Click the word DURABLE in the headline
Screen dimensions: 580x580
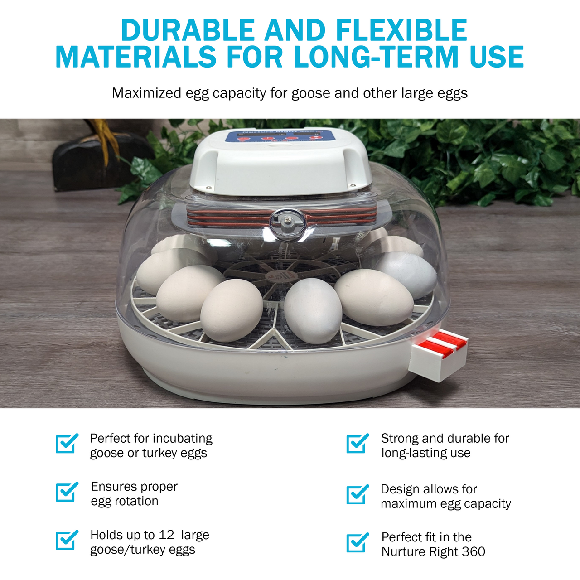click(188, 30)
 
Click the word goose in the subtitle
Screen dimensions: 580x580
click(311, 94)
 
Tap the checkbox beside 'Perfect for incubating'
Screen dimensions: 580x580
click(67, 443)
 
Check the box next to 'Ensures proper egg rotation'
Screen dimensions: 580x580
click(67, 492)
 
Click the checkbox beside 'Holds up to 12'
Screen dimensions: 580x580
click(67, 540)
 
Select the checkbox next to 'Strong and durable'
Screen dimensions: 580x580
click(358, 443)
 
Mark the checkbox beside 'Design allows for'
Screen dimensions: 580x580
click(358, 494)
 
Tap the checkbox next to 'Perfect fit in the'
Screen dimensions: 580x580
click(358, 543)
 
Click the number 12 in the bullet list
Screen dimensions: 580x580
click(166, 535)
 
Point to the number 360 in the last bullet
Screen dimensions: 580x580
click(473, 552)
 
